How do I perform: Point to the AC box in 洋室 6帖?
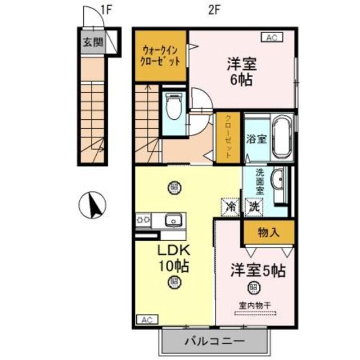point(271,38)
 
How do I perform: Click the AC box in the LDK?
point(146,319)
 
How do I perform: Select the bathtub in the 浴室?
point(280,138)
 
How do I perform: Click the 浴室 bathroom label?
point(255,139)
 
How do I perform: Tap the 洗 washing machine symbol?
point(255,206)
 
